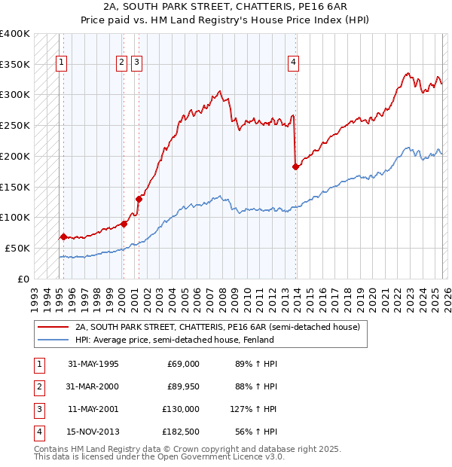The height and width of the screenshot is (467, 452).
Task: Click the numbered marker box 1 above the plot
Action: tap(60, 63)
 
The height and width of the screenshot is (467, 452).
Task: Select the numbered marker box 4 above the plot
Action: tap(293, 63)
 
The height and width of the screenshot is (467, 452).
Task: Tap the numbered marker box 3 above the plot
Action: tap(136, 63)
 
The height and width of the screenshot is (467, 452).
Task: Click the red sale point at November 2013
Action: tap(295, 166)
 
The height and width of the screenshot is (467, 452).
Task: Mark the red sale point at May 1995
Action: tap(63, 236)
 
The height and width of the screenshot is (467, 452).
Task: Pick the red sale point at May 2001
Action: tap(139, 199)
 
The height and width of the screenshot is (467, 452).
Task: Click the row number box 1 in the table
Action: tap(38, 364)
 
